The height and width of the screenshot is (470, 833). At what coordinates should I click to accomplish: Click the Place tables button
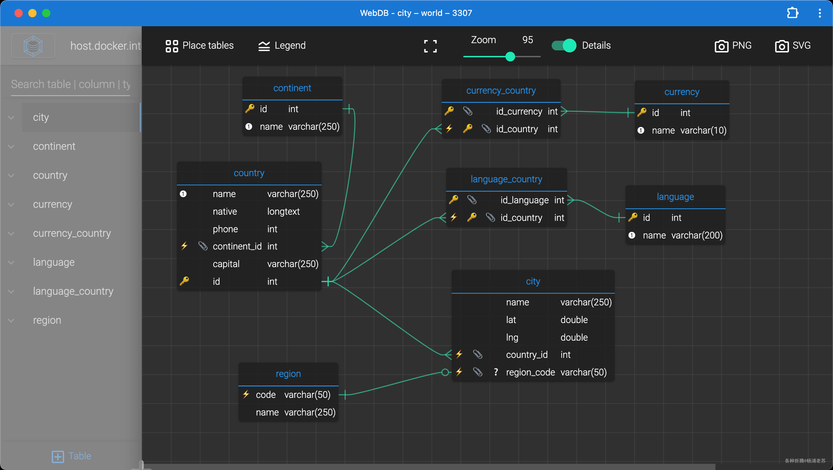(199, 46)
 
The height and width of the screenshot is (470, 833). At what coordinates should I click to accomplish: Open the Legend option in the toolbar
(282, 46)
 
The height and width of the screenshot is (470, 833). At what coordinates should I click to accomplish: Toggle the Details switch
(564, 46)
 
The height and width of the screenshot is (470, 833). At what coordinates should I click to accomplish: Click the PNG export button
(733, 46)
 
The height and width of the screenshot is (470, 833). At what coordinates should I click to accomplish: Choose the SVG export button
(793, 46)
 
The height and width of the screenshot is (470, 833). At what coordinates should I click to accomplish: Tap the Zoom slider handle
(510, 57)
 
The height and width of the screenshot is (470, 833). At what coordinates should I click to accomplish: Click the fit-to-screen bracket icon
(430, 46)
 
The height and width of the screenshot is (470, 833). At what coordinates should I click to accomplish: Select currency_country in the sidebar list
(72, 233)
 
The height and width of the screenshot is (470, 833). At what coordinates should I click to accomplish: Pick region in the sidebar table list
(47, 320)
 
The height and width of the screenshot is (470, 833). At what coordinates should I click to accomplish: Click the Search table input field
(71, 84)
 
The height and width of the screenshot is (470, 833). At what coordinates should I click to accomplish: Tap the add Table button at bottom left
(71, 456)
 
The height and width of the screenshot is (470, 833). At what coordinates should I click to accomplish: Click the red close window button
(19, 13)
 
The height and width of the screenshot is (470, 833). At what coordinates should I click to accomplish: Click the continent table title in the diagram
(292, 88)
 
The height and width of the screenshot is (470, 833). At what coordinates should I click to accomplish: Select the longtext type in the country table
(283, 212)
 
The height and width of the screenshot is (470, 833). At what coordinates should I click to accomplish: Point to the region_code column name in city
(530, 372)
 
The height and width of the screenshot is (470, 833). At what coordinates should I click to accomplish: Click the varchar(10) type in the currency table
(703, 130)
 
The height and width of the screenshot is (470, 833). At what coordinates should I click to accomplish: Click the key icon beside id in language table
(633, 217)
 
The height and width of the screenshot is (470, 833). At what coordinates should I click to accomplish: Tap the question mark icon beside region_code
(496, 372)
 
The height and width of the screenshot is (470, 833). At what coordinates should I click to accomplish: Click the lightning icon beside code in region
(246, 394)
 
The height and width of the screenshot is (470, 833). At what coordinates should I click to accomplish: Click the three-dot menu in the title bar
(820, 13)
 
